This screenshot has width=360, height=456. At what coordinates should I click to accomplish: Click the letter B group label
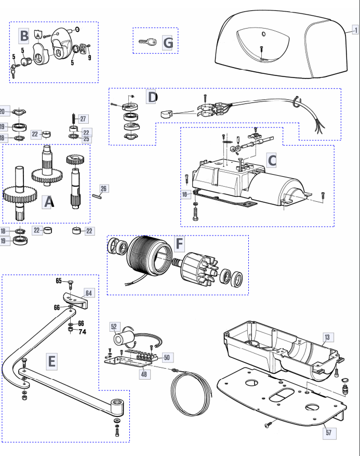click(x=24, y=36)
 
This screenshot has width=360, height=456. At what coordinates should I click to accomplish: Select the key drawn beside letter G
click(x=148, y=42)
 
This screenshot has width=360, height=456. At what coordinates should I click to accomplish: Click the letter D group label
click(x=152, y=97)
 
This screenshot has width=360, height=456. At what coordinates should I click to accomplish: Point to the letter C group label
click(x=272, y=161)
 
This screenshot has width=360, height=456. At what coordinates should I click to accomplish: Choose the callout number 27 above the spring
click(x=84, y=119)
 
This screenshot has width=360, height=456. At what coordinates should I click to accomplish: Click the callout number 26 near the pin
click(x=104, y=188)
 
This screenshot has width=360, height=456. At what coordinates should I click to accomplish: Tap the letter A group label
click(x=48, y=202)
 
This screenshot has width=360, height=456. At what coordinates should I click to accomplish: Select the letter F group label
click(x=179, y=243)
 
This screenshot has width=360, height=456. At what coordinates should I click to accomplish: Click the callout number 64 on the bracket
click(x=89, y=293)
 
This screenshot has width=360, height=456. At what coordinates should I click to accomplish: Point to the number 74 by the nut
click(x=83, y=332)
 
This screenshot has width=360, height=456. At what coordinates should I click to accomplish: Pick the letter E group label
click(x=52, y=361)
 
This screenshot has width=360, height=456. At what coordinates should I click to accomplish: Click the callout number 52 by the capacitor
click(x=114, y=327)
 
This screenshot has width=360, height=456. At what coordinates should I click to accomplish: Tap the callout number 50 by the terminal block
click(x=167, y=357)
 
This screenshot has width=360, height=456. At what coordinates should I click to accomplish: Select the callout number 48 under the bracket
click(x=144, y=374)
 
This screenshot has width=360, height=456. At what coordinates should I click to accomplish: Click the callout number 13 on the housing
click(x=327, y=337)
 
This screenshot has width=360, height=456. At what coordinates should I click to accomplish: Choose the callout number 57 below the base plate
click(x=329, y=433)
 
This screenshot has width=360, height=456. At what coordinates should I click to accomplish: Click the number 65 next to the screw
click(x=59, y=281)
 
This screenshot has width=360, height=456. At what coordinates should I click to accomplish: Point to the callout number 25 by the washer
click(x=86, y=139)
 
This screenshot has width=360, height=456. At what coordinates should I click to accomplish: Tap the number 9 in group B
click(x=89, y=58)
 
